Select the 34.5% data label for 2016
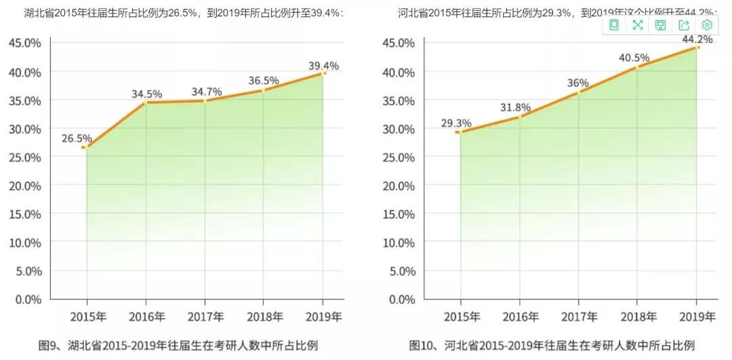pyautogui.click(x=146, y=94)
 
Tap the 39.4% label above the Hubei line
pyautogui.click(x=323, y=65)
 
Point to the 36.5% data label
pyautogui.click(x=264, y=80)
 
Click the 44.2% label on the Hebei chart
pyautogui.click(x=697, y=39)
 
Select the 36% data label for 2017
pyautogui.click(x=578, y=83)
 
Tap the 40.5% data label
pyautogui.click(x=634, y=58)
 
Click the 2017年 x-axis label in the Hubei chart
pyautogui.click(x=205, y=317)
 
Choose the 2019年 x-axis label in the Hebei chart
pyautogui.click(x=697, y=317)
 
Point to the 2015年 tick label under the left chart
pyautogui.click(x=87, y=317)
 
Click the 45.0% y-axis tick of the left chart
pyautogui.click(x=25, y=43)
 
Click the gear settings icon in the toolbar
pyautogui.click(x=707, y=25)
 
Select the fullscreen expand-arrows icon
pyautogui.click(x=637, y=25)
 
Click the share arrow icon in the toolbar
pyautogui.click(x=684, y=25)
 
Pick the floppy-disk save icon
pyautogui.click(x=660, y=25)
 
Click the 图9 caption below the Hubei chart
pyautogui.click(x=178, y=344)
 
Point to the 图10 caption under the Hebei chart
pyautogui.click(x=552, y=344)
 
